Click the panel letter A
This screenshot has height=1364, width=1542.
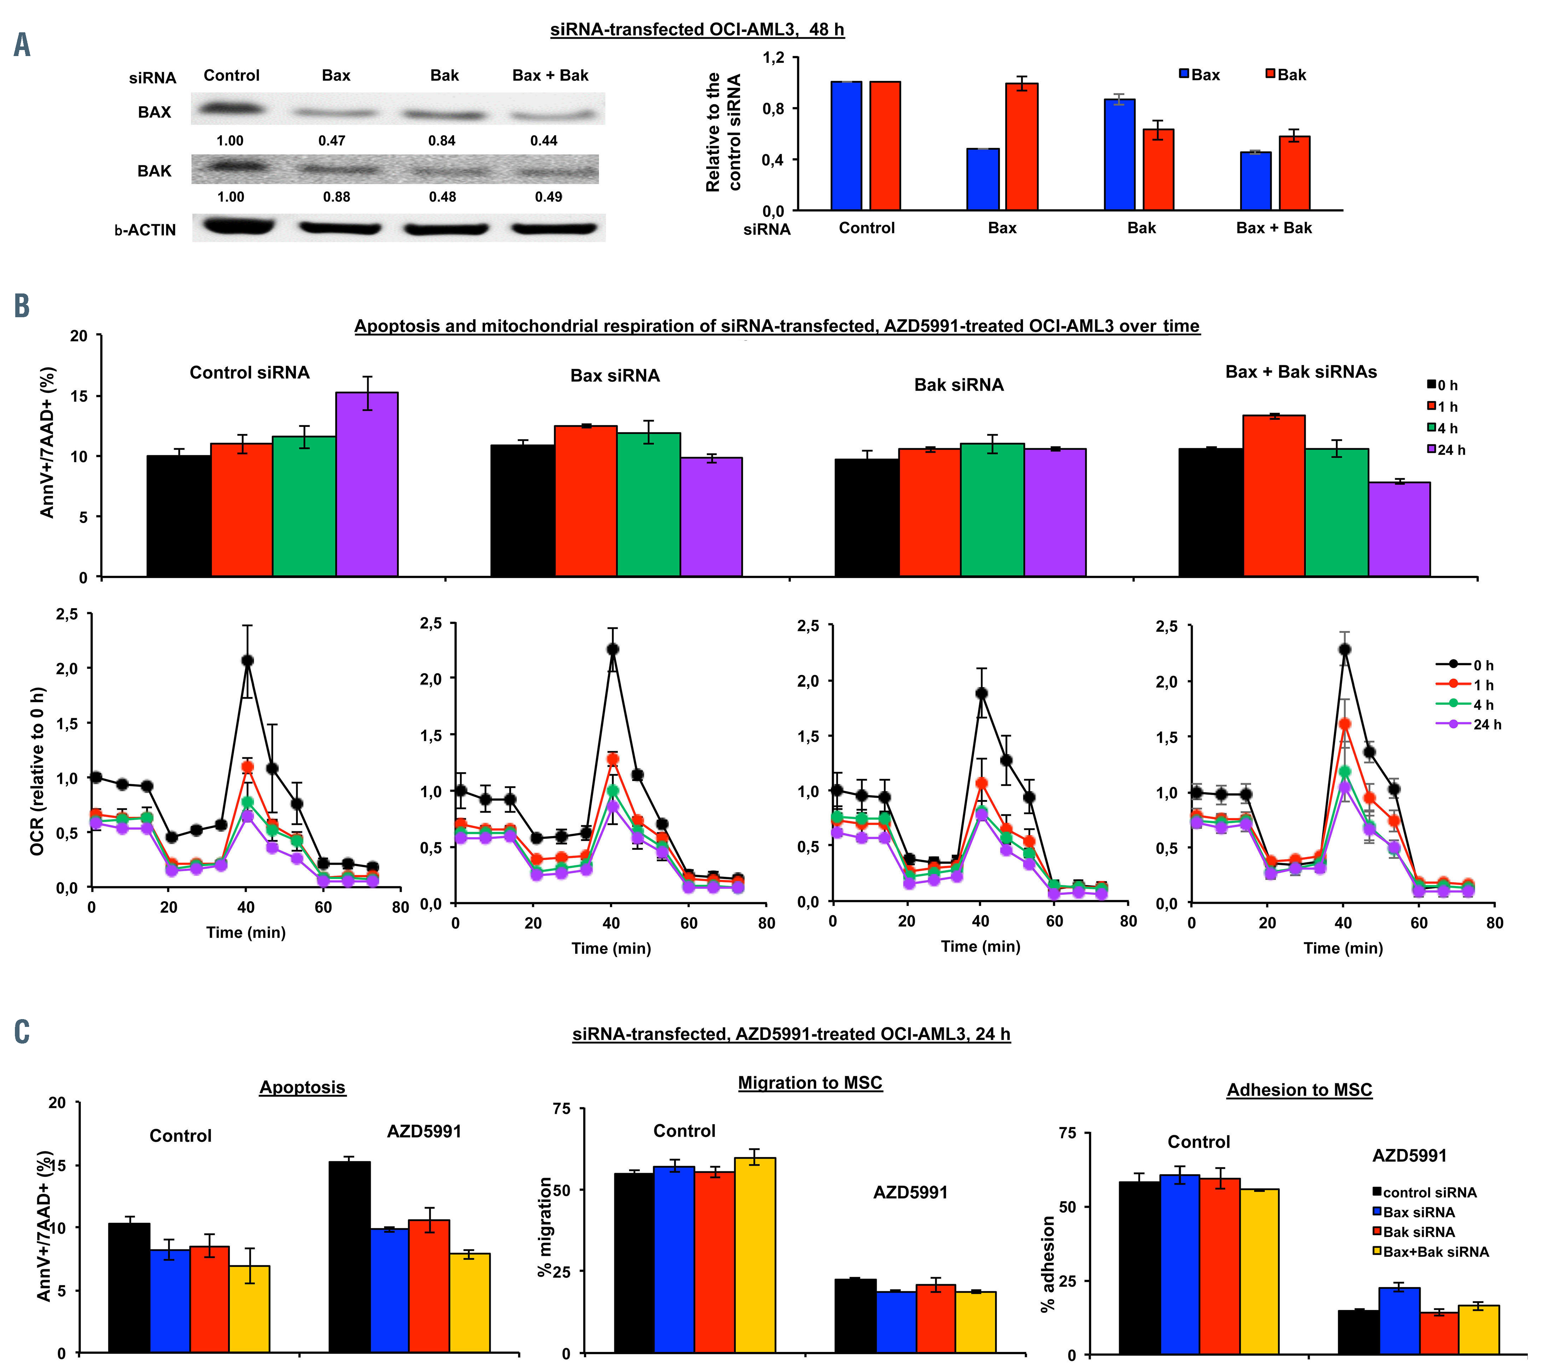(22, 45)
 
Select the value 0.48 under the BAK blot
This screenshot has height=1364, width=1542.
(442, 197)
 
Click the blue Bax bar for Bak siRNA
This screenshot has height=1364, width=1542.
(1119, 155)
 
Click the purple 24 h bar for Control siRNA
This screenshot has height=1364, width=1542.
(367, 484)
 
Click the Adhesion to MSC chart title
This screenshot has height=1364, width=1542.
(1299, 1090)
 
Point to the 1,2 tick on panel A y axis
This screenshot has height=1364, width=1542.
(773, 58)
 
